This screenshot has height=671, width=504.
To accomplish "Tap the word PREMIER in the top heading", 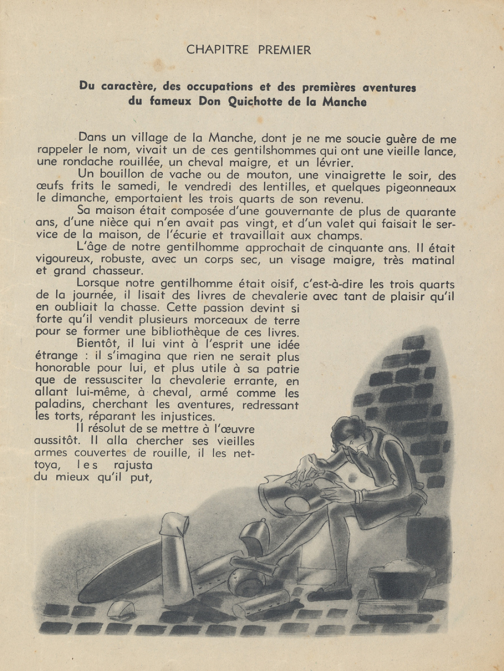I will pyautogui.click(x=285, y=50).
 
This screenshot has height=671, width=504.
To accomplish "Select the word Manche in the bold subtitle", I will pyautogui.click(x=345, y=102).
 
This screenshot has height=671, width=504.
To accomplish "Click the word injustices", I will pyautogui.click(x=187, y=417).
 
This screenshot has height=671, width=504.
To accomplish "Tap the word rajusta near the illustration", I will pyautogui.click(x=134, y=465).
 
